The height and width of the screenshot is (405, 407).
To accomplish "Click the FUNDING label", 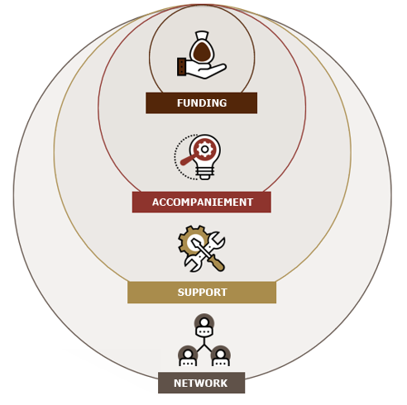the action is click(202, 103).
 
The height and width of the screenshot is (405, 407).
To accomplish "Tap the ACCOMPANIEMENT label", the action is click(202, 202).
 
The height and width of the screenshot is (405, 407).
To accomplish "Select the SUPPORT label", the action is click(202, 293).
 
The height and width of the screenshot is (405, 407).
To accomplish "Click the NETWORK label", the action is click(201, 383).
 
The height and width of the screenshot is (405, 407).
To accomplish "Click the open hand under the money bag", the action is click(206, 70).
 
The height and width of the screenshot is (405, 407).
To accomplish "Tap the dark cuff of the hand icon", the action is click(181, 67).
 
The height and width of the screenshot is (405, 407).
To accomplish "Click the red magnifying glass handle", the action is click(188, 160).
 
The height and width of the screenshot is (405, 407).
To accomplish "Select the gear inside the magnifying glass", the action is click(204, 149).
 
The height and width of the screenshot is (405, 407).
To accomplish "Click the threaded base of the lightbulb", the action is click(204, 174).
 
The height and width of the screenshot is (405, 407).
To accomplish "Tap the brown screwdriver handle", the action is click(218, 264).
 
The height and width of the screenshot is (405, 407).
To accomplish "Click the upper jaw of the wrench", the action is click(217, 239).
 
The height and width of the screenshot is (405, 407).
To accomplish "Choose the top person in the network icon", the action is click(204, 326).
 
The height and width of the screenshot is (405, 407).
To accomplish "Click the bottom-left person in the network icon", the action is click(188, 357).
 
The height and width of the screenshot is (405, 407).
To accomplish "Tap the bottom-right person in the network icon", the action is click(221, 357).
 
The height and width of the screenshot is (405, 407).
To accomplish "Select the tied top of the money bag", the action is click(202, 36).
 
